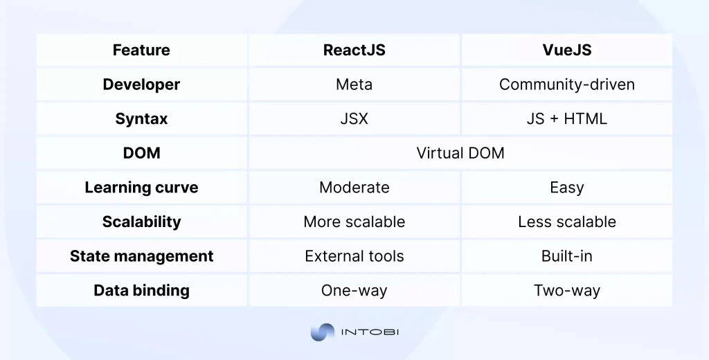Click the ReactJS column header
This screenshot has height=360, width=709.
tap(354, 51)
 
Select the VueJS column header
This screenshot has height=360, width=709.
tap(566, 51)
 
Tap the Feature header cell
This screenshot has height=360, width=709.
tap(141, 51)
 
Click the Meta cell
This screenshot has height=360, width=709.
tap(354, 84)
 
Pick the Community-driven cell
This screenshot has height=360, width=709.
tap(566, 84)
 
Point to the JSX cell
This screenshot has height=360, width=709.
tap(354, 119)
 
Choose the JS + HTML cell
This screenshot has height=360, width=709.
tap(566, 119)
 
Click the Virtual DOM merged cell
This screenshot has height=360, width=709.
tap(460, 153)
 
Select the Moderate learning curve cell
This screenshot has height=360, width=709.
tap(354, 188)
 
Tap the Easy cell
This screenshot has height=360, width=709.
tap(566, 188)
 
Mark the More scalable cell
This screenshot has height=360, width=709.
tap(354, 222)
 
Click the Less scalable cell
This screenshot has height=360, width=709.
tap(566, 222)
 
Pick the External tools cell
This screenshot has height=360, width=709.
tap(354, 256)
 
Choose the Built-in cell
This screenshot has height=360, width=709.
tap(566, 256)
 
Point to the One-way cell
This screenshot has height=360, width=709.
tap(354, 290)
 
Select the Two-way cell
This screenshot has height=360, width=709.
tap(566, 290)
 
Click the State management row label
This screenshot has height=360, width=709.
tap(141, 256)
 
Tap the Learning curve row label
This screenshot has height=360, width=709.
tap(141, 188)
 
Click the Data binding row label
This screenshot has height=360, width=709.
tap(141, 290)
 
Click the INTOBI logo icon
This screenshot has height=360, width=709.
tap(322, 332)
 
